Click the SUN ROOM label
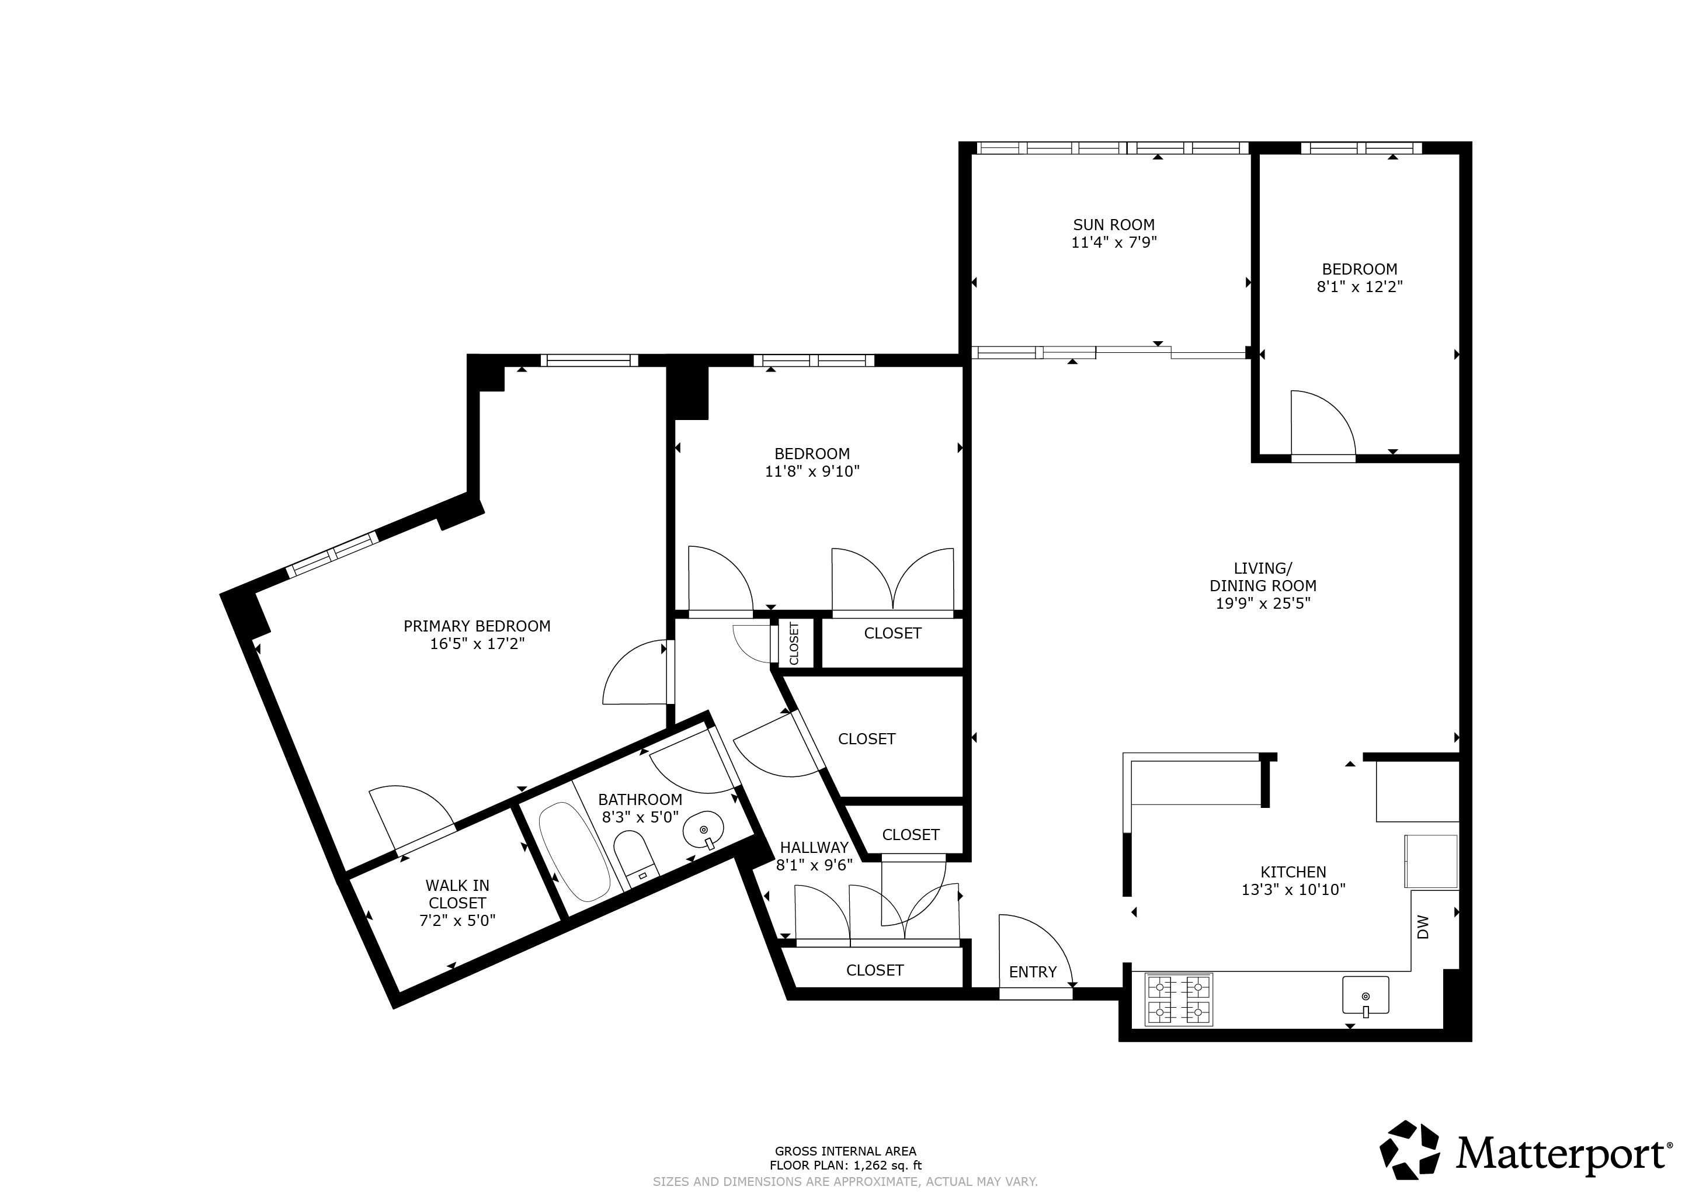point(1114,225)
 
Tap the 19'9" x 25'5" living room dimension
point(1262,603)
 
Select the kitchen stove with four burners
point(1179,1000)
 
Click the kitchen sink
point(1366,995)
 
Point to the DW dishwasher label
point(1422,927)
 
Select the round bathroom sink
point(704,831)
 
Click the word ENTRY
point(1033,972)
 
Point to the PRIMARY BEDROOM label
point(477,626)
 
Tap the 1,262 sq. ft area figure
point(887,1165)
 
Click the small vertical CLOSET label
point(794,643)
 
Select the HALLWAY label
point(814,848)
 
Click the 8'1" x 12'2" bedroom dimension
point(1360,287)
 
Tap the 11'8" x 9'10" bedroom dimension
point(812,471)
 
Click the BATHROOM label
point(640,800)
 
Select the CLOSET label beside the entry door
point(875,970)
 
